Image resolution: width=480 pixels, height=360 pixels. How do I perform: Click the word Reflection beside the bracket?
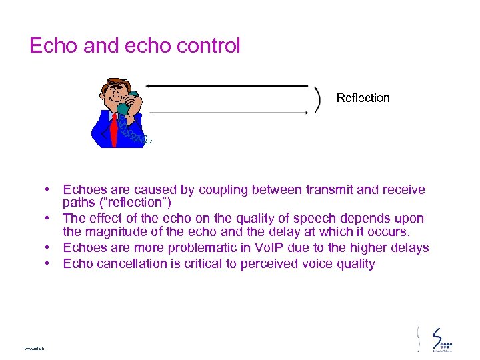point(363,98)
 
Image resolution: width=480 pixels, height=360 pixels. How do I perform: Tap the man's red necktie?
point(113,129)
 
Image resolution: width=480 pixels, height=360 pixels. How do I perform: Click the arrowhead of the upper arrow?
point(149,86)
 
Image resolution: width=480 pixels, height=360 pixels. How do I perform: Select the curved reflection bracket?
point(317,99)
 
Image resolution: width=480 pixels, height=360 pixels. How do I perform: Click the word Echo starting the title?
point(53,46)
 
